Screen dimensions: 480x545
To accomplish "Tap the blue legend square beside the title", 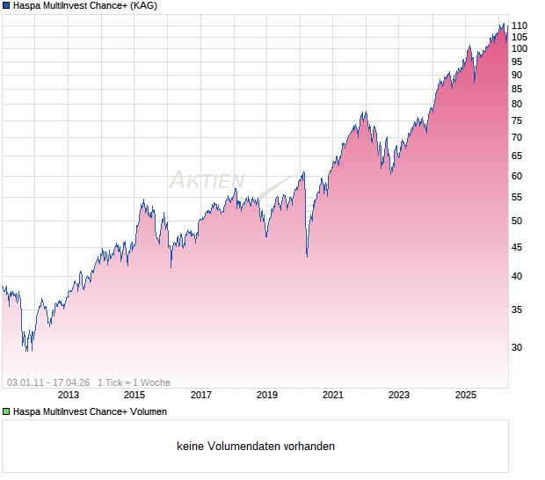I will coord(6,5).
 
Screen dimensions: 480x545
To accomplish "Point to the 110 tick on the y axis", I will coord(520,25).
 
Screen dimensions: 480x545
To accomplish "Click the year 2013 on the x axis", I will coord(69,396).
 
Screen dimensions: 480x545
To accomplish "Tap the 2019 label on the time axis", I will coord(267,396).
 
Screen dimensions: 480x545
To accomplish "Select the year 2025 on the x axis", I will coord(466,396).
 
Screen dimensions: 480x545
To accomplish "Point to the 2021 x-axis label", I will coord(333,396).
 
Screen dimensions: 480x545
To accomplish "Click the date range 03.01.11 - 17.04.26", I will coord(48,382).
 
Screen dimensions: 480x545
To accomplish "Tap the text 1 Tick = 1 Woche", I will coord(134,382).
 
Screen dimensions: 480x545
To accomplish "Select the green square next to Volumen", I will coord(6,411).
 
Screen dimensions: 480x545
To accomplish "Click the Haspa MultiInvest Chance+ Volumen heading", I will coord(90,411).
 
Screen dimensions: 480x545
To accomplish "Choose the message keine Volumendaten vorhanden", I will coord(256,447).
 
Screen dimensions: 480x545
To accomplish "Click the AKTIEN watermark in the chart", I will coord(207,180).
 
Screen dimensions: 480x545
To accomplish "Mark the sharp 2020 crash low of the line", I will coord(307,256).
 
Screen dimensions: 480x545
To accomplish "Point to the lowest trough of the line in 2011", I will coord(26,351).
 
